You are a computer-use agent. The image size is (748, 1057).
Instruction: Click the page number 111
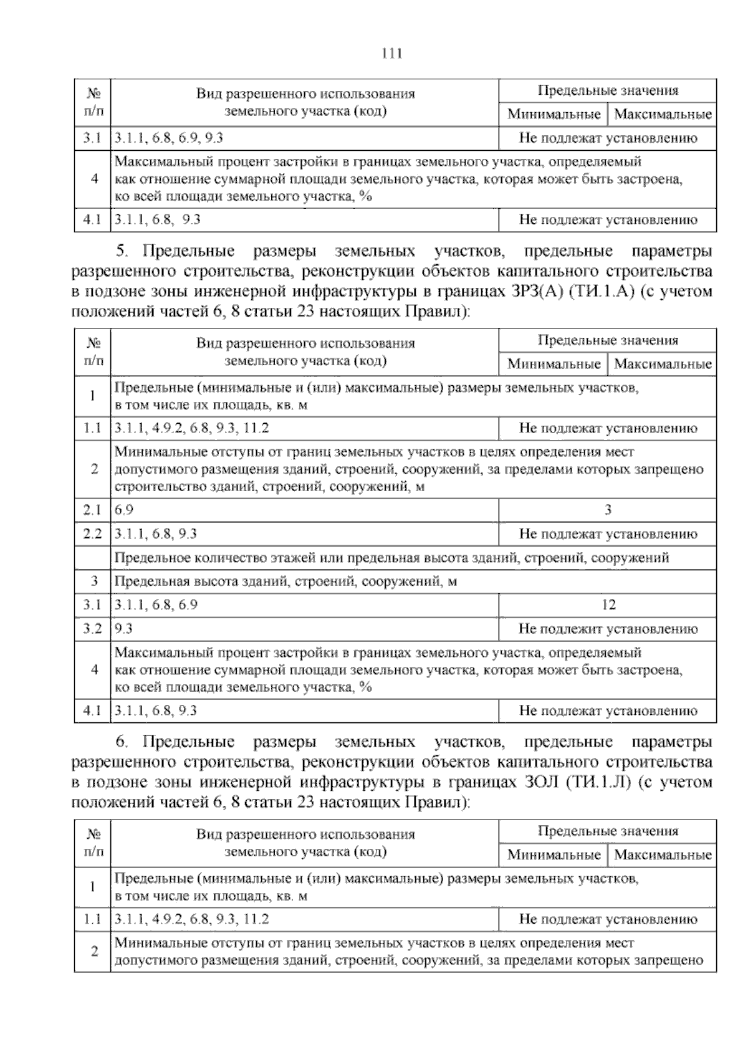(391, 54)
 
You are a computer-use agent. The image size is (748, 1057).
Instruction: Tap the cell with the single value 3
(608, 510)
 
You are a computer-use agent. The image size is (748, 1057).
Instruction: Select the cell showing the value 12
(608, 605)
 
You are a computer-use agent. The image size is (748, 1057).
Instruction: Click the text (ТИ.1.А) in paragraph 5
(599, 292)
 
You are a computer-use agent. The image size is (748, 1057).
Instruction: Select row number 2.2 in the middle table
(92, 534)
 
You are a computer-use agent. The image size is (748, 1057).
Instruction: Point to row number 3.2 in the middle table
(92, 629)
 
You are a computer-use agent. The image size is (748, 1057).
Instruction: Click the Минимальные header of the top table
(554, 115)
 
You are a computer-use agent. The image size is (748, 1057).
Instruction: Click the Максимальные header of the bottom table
(663, 854)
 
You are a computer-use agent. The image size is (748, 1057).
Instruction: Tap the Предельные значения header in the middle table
(608, 340)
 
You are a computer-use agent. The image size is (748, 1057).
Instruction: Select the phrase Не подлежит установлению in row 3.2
(608, 629)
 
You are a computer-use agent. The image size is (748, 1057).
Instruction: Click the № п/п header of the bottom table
(93, 843)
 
